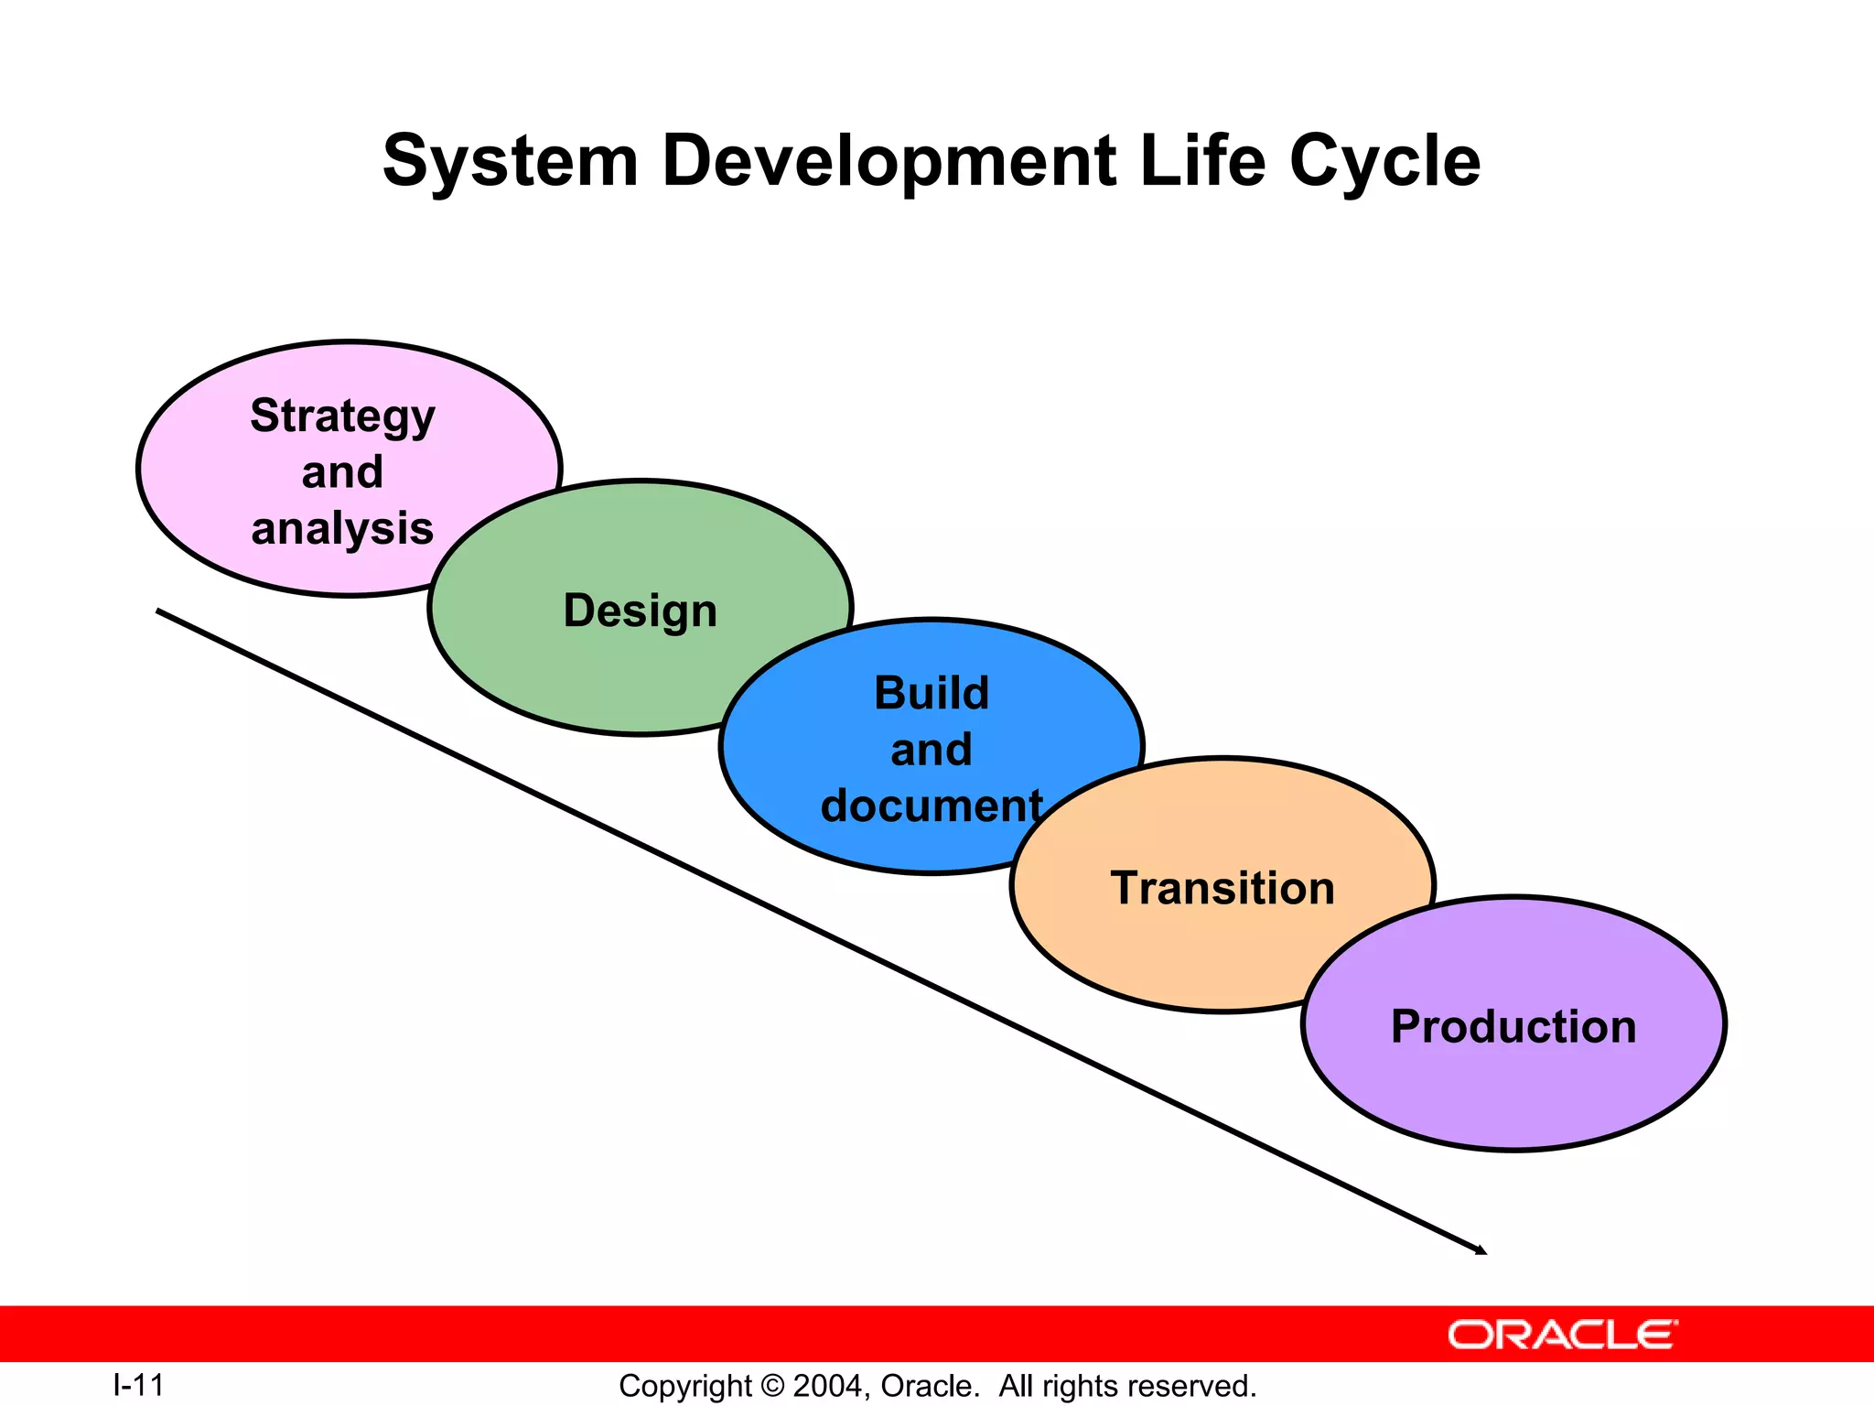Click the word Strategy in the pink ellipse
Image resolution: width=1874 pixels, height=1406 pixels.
[342, 417]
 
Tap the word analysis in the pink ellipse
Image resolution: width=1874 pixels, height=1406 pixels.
[342, 529]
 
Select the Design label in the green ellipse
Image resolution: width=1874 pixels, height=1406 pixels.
[640, 611]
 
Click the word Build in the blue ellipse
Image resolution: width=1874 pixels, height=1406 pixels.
[932, 693]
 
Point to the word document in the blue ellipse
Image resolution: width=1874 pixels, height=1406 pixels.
[932, 806]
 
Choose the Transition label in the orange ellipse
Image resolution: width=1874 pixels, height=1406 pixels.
[1222, 888]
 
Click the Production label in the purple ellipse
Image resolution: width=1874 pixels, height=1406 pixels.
[1513, 1026]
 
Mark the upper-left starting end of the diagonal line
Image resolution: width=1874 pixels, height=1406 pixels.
[159, 611]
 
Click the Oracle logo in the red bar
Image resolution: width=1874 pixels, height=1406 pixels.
[1562, 1335]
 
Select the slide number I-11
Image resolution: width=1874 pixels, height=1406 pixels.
[138, 1385]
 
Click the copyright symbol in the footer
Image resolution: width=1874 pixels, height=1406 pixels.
[772, 1386]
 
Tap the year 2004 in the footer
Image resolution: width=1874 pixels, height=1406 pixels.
[826, 1386]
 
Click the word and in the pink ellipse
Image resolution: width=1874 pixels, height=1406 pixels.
[342, 473]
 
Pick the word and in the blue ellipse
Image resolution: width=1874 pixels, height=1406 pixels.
[932, 750]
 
